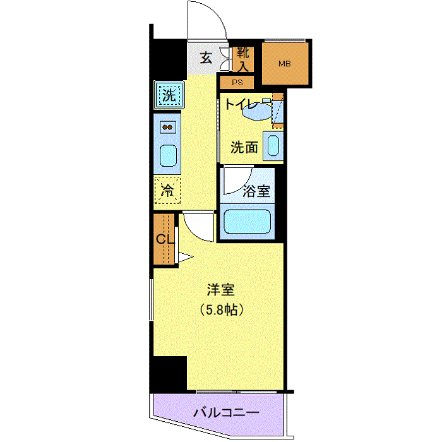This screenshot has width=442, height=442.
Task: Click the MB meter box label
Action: [x=284, y=64]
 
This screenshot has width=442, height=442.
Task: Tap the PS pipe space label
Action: [x=237, y=83]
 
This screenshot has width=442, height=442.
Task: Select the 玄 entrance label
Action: [x=206, y=58]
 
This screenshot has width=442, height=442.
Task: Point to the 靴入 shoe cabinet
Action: [x=243, y=59]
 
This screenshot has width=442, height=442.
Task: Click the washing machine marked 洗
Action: [x=169, y=95]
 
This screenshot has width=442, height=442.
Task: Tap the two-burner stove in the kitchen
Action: [x=167, y=128]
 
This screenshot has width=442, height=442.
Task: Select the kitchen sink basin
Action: [x=168, y=156]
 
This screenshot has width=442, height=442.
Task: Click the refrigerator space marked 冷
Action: [x=167, y=190]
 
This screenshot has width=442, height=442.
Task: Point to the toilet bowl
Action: [x=257, y=110]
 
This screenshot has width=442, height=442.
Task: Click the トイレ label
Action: [x=241, y=105]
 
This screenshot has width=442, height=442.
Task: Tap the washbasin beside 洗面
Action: [x=273, y=146]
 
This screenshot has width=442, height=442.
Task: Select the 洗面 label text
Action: [x=244, y=147]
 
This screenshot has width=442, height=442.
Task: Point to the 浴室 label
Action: [x=256, y=191]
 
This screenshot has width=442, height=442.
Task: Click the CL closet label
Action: [x=165, y=239]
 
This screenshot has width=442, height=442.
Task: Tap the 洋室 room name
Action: [x=221, y=290]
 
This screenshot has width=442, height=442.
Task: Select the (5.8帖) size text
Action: [x=222, y=310]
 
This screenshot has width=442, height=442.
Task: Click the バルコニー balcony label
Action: [x=226, y=413]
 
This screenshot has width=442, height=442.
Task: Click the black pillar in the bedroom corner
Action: [x=170, y=374]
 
